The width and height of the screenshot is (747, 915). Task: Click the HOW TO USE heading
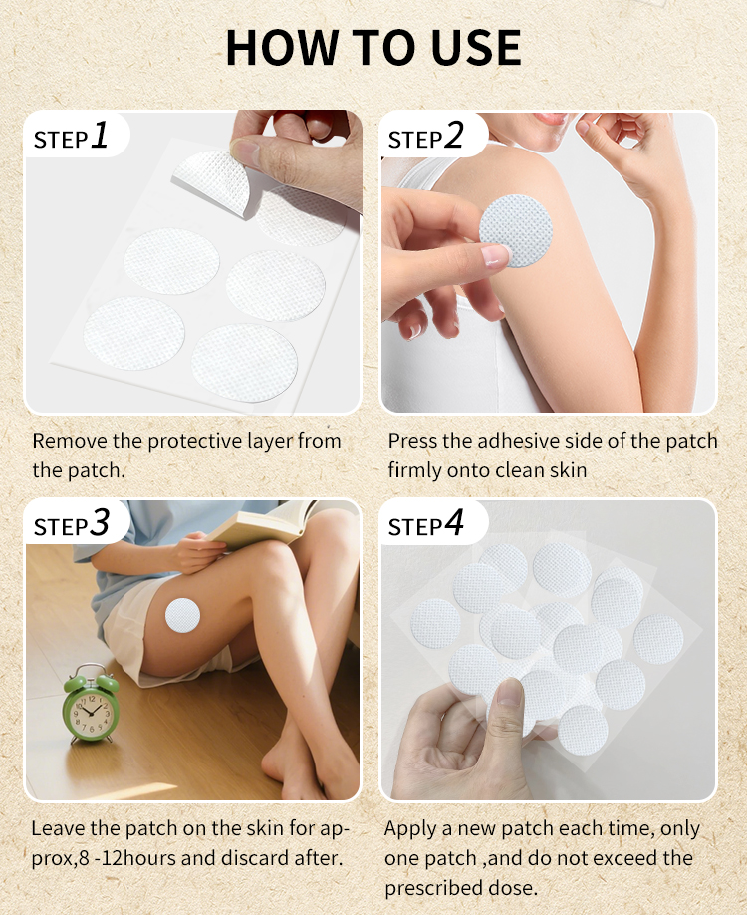pyautogui.click(x=373, y=47)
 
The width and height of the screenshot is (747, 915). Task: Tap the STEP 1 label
pyautogui.click(x=71, y=136)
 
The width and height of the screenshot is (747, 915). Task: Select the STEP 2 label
pyautogui.click(x=426, y=136)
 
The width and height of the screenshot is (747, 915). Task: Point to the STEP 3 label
pyautogui.click(x=71, y=523)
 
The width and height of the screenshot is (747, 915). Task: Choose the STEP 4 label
pyautogui.click(x=426, y=523)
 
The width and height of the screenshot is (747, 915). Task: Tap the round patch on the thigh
pyautogui.click(x=183, y=616)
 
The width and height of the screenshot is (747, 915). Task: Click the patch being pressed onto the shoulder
pyautogui.click(x=516, y=230)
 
